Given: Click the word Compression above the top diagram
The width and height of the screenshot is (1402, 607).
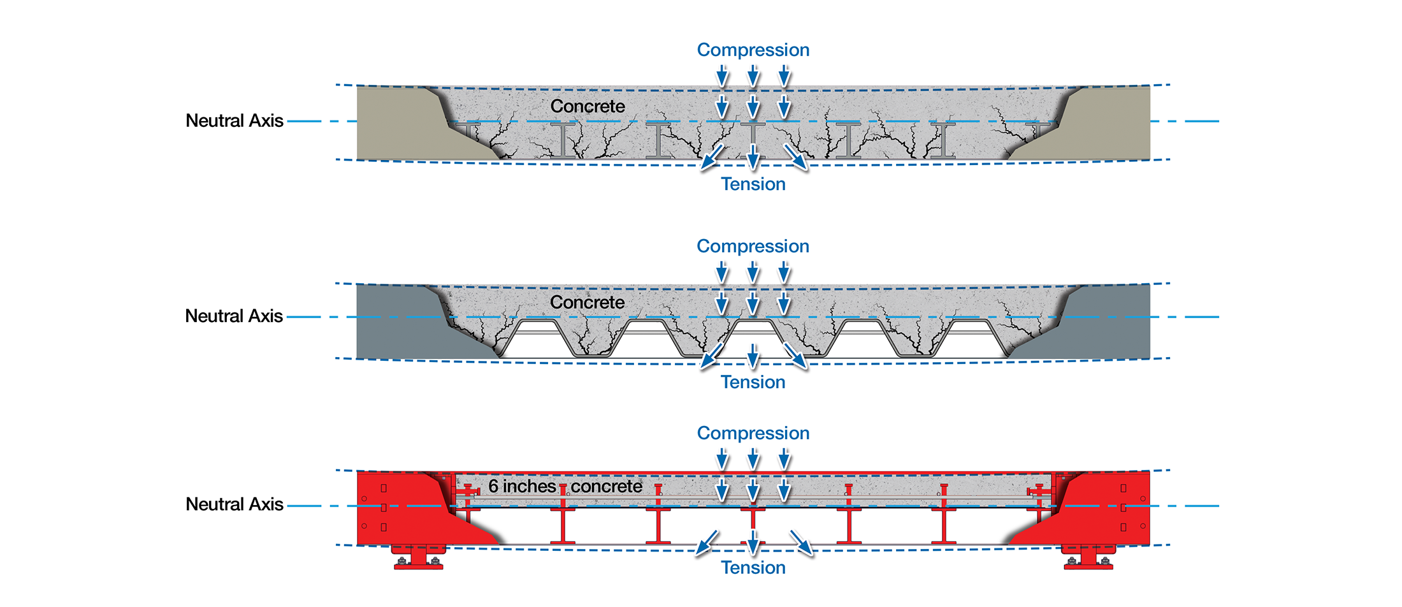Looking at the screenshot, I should point(753,50).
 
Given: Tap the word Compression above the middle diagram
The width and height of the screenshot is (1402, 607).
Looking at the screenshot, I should point(753,246).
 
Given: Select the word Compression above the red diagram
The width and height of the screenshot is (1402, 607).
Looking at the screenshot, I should point(753,433).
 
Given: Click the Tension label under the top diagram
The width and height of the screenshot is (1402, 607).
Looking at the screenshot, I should point(753,184).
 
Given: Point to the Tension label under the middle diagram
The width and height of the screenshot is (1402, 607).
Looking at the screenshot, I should point(753,382).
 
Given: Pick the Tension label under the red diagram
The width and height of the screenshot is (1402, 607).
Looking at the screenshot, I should point(753,567).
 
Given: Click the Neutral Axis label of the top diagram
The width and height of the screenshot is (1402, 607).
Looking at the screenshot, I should point(234,121).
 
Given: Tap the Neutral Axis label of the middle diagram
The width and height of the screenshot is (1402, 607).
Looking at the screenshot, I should point(234,316).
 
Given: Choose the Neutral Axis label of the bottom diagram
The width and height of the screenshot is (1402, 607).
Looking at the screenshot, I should point(234,504).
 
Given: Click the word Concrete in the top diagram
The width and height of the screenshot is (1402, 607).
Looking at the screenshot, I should point(588,106).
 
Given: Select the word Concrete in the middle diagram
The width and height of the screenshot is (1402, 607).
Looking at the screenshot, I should point(587,302).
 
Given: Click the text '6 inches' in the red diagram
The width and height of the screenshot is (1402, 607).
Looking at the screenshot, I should point(522,486).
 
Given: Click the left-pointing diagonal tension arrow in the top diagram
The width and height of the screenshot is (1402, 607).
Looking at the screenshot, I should point(712,157).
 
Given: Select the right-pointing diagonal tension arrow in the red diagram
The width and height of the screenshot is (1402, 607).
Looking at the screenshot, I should point(802,543).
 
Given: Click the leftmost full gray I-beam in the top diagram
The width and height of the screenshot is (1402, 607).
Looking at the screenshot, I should point(563,140).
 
